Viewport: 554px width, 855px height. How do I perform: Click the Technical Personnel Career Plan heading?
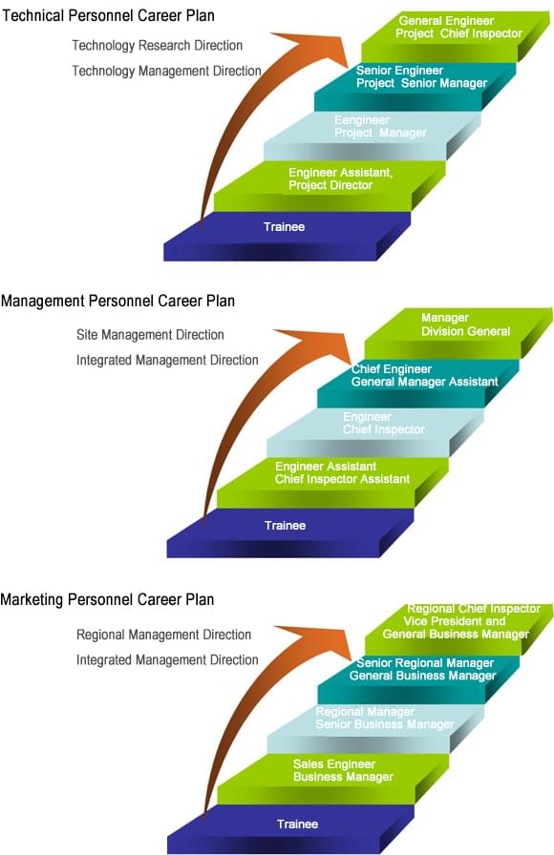tap(108, 15)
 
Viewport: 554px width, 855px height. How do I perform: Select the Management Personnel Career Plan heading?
tap(117, 301)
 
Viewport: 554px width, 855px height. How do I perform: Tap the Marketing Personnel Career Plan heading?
tap(107, 600)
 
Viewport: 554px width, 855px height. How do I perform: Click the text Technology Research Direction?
tap(158, 45)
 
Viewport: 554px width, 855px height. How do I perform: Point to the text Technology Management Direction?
tap(166, 71)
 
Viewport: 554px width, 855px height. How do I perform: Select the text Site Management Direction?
tap(150, 335)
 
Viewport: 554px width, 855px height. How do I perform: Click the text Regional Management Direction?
tap(163, 635)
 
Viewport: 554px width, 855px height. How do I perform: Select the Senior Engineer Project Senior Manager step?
tap(415, 86)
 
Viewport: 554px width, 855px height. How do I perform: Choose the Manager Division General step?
tap(458, 333)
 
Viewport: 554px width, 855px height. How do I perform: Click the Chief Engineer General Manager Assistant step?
tap(418, 383)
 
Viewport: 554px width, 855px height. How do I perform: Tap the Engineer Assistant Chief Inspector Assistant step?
tap(332, 482)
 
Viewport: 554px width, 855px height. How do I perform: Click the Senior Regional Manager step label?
tap(425, 663)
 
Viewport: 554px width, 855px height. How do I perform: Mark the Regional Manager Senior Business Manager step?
tap(375, 728)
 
